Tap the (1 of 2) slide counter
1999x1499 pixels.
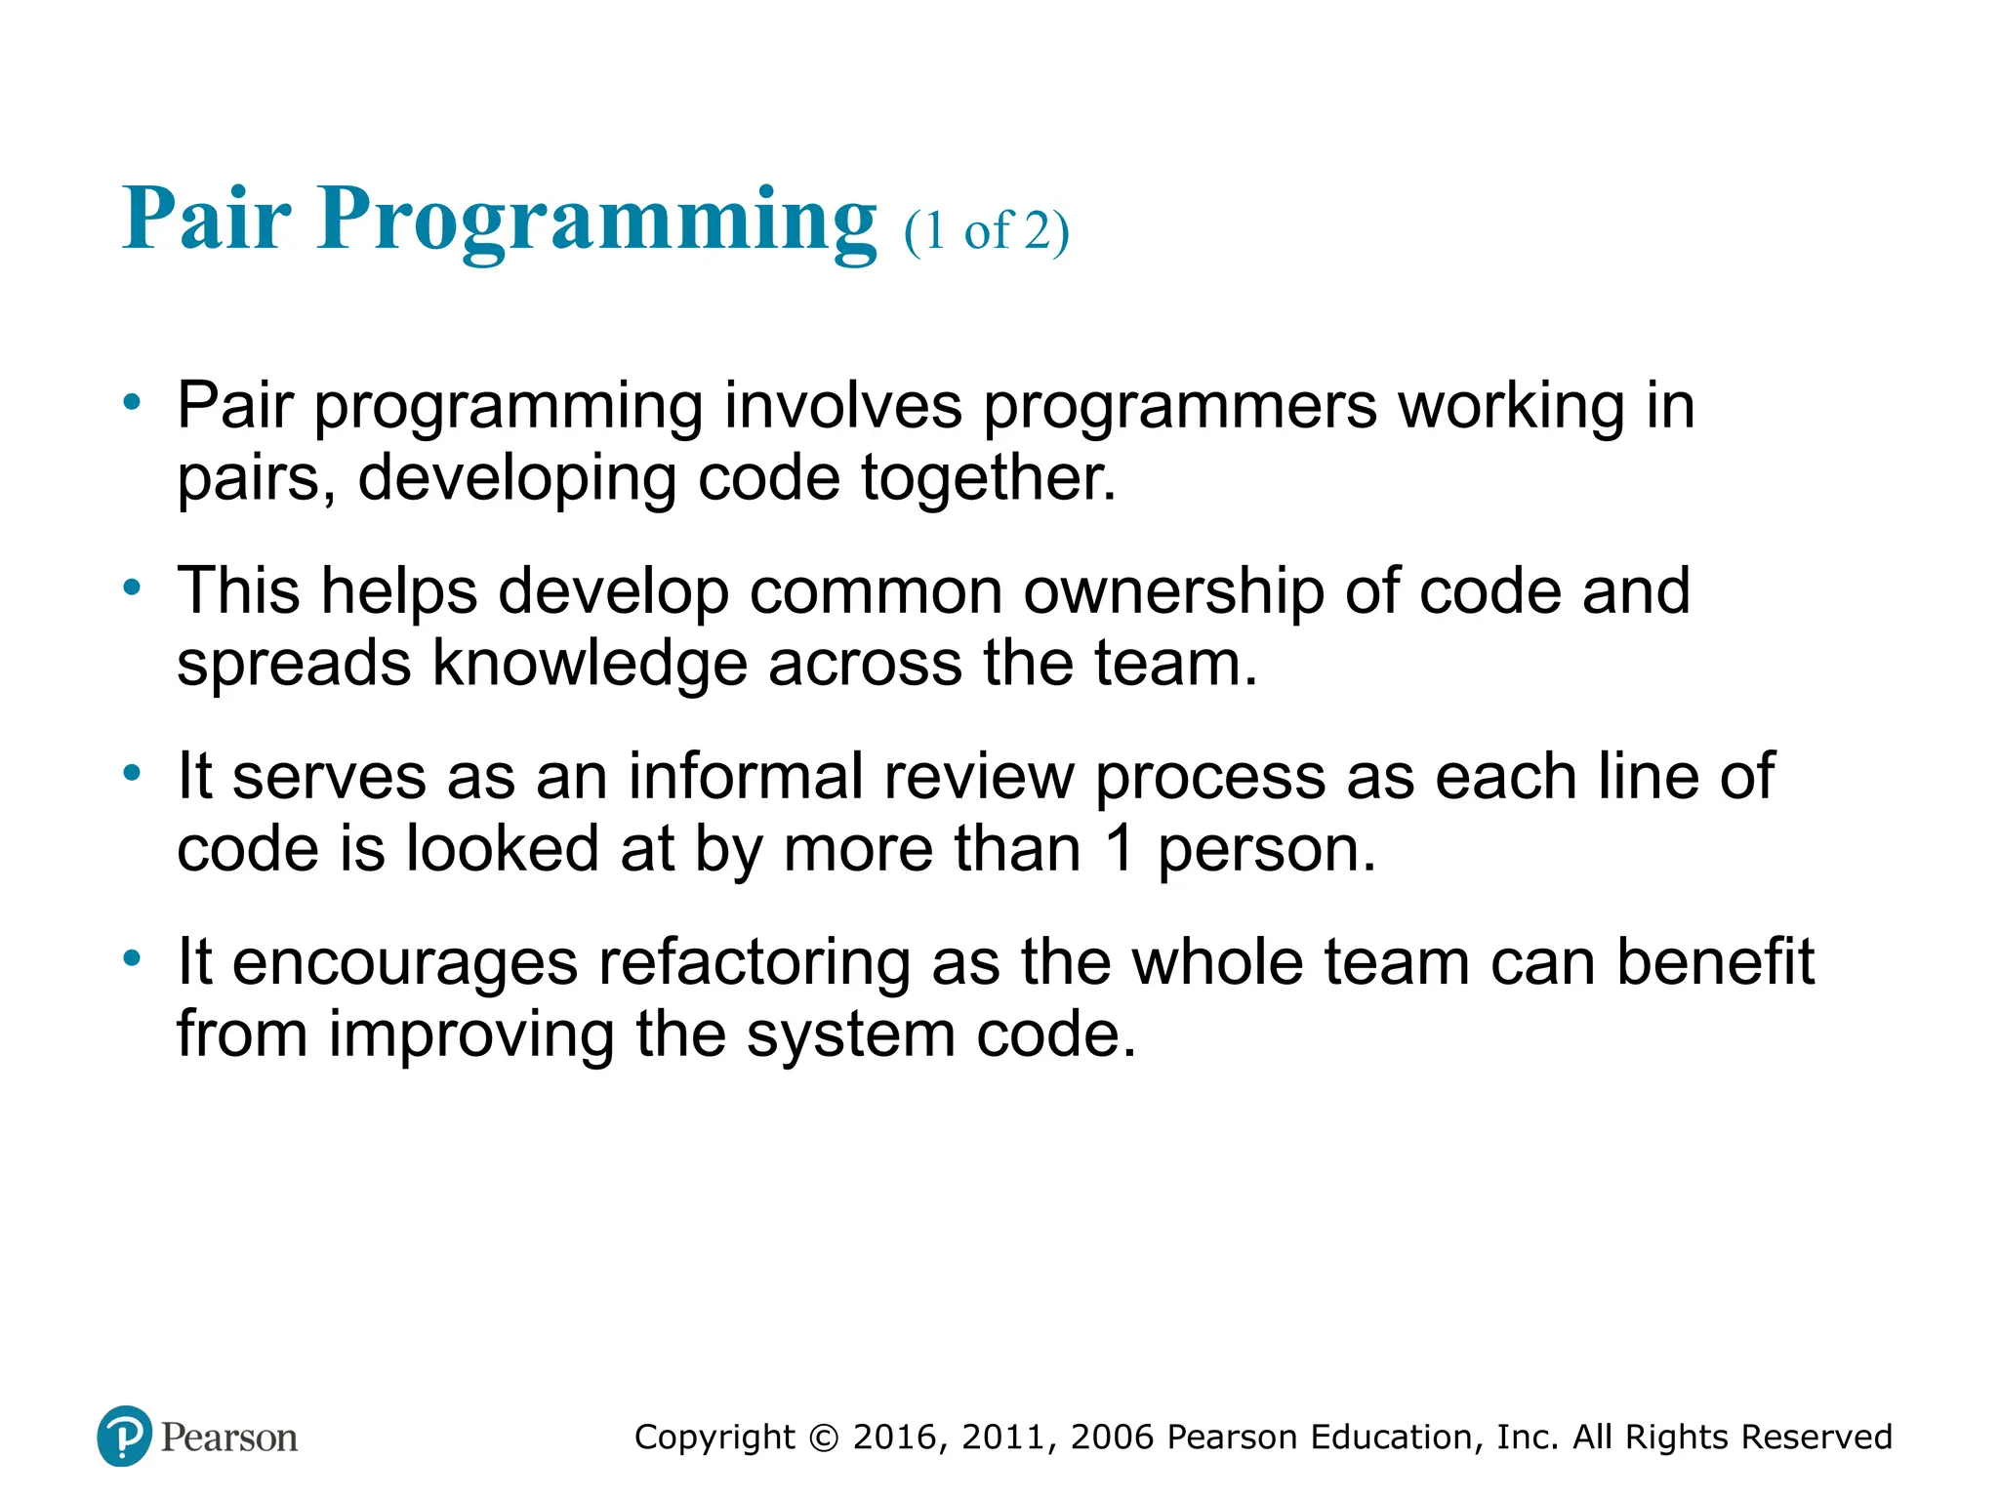[987, 231]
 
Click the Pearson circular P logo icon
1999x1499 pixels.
[124, 1436]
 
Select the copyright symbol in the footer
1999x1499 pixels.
[825, 1438]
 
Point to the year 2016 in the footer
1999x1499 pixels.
[895, 1438]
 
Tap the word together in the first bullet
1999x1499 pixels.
[987, 478]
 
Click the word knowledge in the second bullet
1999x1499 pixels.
[589, 664]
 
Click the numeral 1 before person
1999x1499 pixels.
[1121, 849]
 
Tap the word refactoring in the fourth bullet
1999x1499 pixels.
[754, 962]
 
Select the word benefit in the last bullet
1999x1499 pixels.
[1715, 962]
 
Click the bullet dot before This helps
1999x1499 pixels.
[132, 587]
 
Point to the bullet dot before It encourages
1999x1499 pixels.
[132, 957]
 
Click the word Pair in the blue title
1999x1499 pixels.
[206, 220]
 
